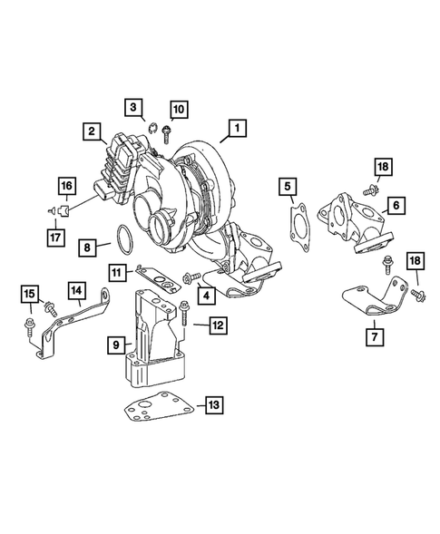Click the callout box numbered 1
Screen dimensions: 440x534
point(237,128)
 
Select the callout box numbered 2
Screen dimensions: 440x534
point(92,131)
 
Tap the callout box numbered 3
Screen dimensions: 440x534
point(133,107)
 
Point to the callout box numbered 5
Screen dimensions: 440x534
point(288,186)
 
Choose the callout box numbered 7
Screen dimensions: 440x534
point(375,337)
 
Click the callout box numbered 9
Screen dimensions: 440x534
point(116,345)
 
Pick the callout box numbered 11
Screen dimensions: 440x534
point(116,273)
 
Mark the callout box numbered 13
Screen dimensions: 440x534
point(214,405)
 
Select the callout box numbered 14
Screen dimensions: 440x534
point(77,290)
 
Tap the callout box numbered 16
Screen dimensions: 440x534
point(67,186)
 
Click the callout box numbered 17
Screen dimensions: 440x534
point(55,237)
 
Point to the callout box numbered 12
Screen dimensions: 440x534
point(218,325)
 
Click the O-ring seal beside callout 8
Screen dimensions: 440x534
point(118,239)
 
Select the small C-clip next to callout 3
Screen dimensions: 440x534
point(153,129)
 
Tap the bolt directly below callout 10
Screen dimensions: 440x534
point(166,134)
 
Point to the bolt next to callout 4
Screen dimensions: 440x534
point(191,277)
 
